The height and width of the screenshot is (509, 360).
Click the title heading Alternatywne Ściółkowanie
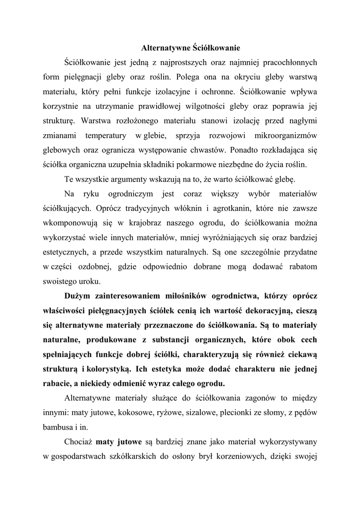tap(191, 49)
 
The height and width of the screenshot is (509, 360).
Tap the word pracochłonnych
tap(284, 63)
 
